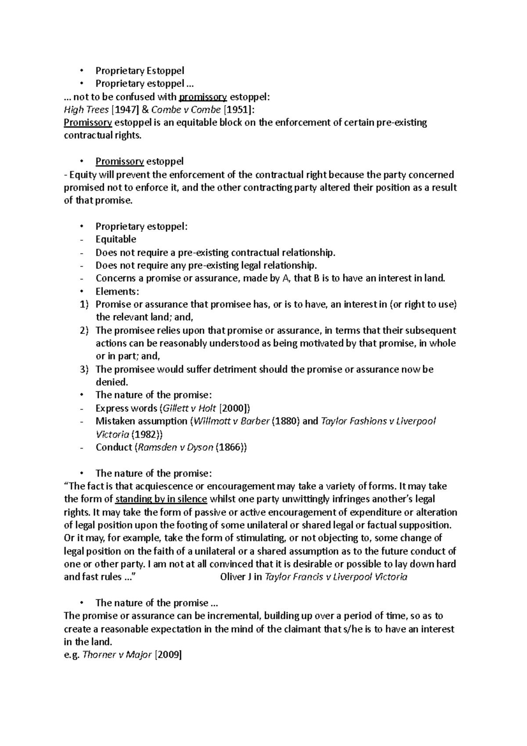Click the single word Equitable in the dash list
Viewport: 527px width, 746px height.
pos(116,239)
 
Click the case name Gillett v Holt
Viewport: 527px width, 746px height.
pos(189,408)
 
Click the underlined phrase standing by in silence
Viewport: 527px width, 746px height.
pos(161,499)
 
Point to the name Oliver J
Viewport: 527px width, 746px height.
pos(236,577)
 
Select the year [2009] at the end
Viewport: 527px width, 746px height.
pos(168,655)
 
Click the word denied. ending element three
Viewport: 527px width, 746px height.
pos(112,382)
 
